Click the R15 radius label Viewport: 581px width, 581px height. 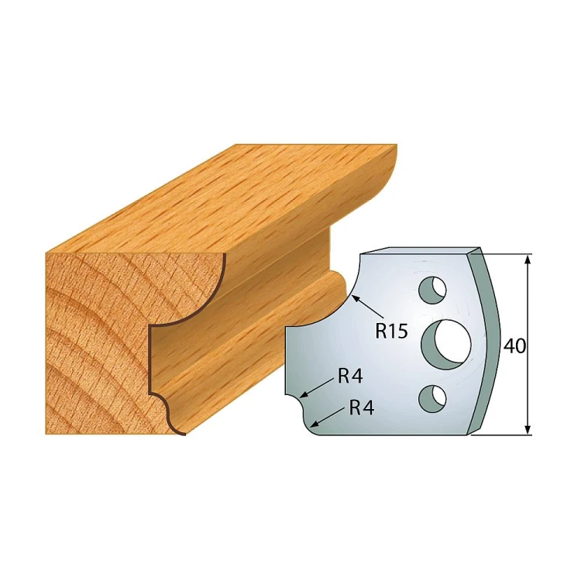point(391,332)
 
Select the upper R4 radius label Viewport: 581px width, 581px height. point(350,377)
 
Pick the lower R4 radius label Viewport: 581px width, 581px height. point(362,408)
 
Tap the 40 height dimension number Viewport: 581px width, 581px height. point(514,346)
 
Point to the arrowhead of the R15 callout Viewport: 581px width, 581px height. point(356,297)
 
